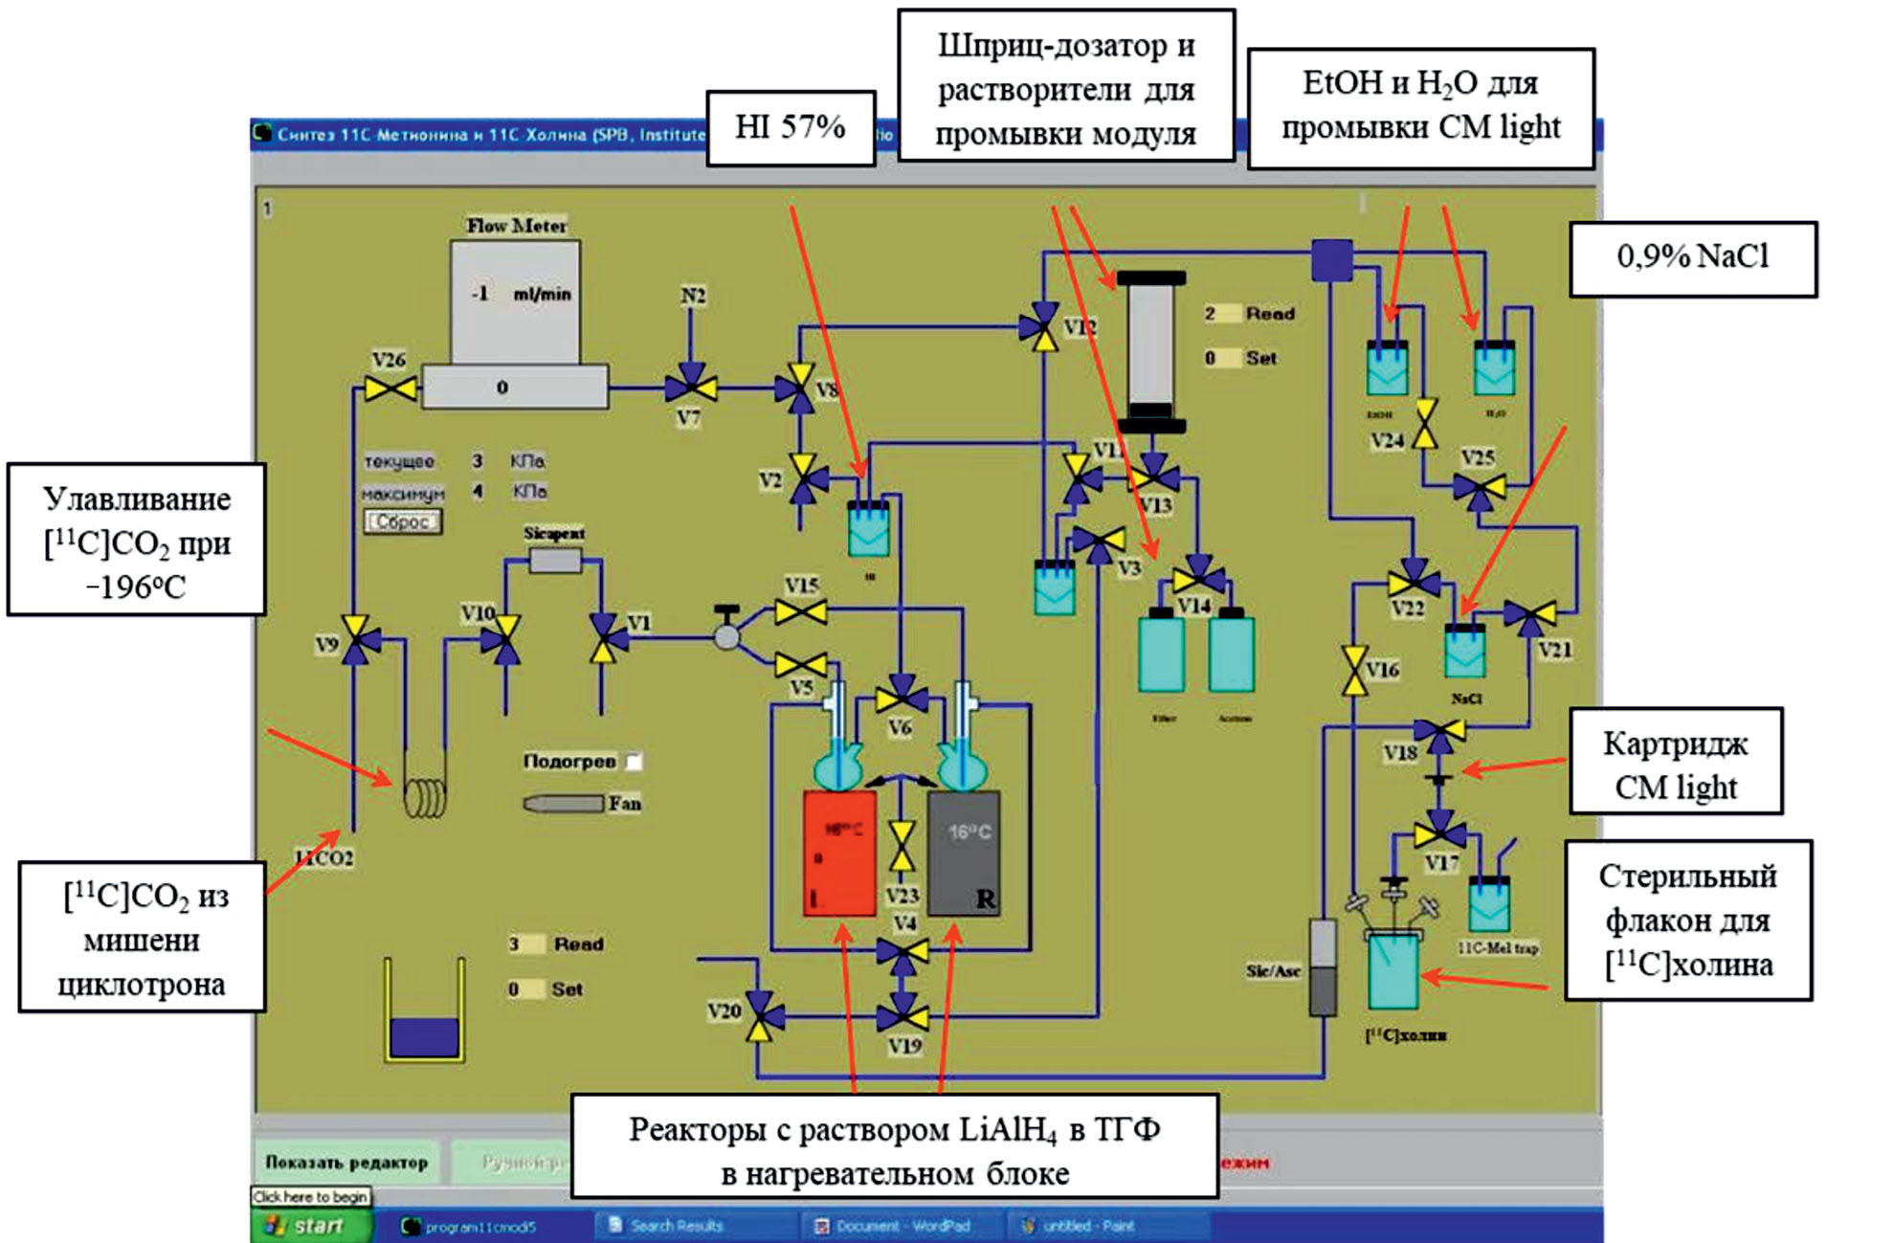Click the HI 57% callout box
coord(791,128)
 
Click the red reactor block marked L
coord(839,853)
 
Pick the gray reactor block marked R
coord(964,853)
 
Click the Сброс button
coord(402,522)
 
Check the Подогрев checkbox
coord(634,762)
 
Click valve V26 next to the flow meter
coord(390,388)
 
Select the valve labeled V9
coord(356,639)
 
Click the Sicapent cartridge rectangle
coord(555,561)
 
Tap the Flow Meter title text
coord(516,226)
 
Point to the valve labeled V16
coord(1354,670)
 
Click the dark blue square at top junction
coord(1331,259)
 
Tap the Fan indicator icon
coord(563,804)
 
